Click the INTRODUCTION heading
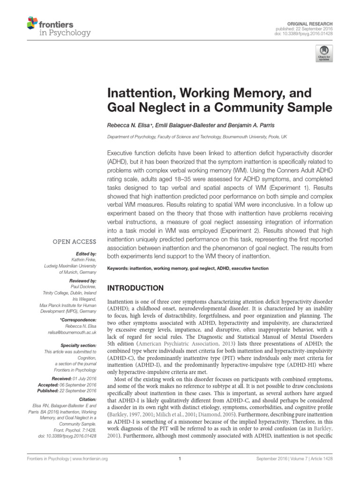[136, 288]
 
